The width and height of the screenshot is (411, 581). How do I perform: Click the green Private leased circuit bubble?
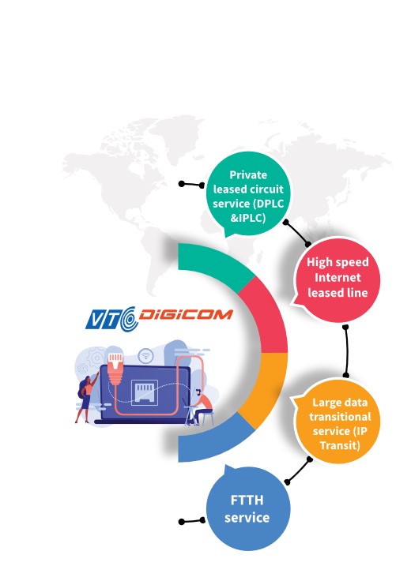pyautogui.click(x=248, y=193)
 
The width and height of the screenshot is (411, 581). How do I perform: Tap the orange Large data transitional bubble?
pyautogui.click(x=337, y=422)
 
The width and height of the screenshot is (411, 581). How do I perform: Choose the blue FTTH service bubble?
pyautogui.click(x=248, y=508)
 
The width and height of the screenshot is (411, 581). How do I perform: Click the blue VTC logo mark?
pyautogui.click(x=112, y=319)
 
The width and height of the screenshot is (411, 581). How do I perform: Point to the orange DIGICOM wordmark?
pyautogui.click(x=186, y=315)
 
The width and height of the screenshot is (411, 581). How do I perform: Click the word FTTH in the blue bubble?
pyautogui.click(x=247, y=500)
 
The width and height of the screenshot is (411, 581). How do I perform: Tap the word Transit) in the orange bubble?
pyautogui.click(x=340, y=445)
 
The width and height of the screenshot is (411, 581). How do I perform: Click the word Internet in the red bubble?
pyautogui.click(x=337, y=277)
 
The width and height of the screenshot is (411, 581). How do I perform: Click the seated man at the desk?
pyautogui.click(x=202, y=407)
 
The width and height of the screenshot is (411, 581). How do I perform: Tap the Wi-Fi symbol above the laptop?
pyautogui.click(x=145, y=356)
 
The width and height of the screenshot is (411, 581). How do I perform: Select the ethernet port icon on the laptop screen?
pyautogui.click(x=145, y=393)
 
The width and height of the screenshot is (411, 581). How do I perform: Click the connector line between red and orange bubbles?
pyautogui.click(x=346, y=351)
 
